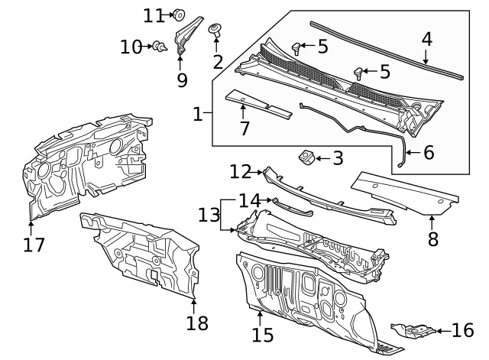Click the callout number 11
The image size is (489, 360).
pyautogui.click(x=154, y=15)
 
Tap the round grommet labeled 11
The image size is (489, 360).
pyautogui.click(x=180, y=13)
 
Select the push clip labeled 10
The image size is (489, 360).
pyautogui.click(x=160, y=47)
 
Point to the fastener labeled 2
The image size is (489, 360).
pyautogui.click(x=216, y=31)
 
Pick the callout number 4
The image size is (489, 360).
pyautogui.click(x=427, y=39)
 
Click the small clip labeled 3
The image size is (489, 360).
pyautogui.click(x=306, y=157)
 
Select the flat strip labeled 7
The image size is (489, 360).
pyautogui.click(x=258, y=105)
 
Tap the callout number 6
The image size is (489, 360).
pyautogui.click(x=429, y=153)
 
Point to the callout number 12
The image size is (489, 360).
pyautogui.click(x=241, y=170)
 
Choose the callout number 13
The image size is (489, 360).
pyautogui.click(x=209, y=215)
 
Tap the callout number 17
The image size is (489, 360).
pyautogui.click(x=34, y=245)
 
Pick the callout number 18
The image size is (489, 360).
pyautogui.click(x=197, y=323)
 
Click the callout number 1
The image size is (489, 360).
pyautogui.click(x=198, y=115)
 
